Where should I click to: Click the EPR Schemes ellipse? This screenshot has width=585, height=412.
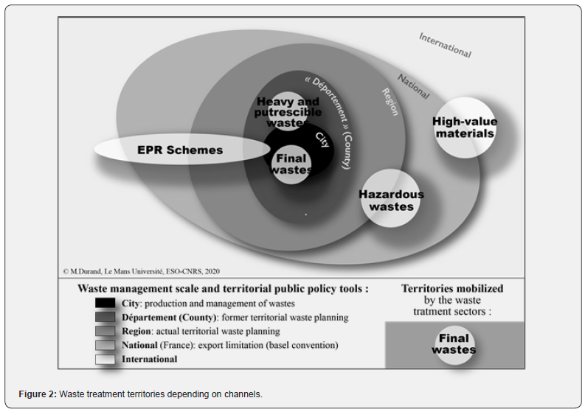click(x=181, y=150)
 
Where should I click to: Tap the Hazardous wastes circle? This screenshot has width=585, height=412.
click(x=391, y=200)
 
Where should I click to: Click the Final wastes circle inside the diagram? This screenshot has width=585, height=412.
click(x=291, y=164)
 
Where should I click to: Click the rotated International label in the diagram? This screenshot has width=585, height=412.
click(x=445, y=45)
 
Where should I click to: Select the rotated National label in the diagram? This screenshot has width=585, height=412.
click(x=413, y=86)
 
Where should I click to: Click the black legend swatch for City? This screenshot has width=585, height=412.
click(x=105, y=303)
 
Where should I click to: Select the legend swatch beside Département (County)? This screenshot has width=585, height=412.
click(x=105, y=318)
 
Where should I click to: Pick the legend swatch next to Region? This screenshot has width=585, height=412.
click(x=105, y=332)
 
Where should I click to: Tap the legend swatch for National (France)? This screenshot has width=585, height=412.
click(x=105, y=346)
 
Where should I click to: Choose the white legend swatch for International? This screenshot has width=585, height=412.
click(x=105, y=359)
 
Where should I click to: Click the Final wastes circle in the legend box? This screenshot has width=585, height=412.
click(x=454, y=344)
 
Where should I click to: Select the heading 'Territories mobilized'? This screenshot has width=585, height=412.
click(x=452, y=289)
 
